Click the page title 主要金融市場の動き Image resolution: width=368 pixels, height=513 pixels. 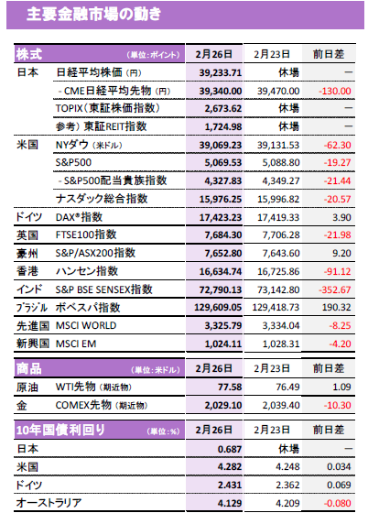[x=93, y=15]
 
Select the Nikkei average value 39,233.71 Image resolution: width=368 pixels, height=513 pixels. [x=221, y=72]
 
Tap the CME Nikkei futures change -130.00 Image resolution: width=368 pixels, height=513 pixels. [x=335, y=91]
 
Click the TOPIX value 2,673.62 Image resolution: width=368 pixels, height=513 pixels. [x=223, y=109]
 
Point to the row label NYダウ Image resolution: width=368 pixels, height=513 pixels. [x=72, y=145]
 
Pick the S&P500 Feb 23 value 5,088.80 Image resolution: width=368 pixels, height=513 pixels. [x=281, y=163]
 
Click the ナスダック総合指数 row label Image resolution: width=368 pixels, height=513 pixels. [x=102, y=199]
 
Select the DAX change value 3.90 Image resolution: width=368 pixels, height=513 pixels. [x=341, y=217]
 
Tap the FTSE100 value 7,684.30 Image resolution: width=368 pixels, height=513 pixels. [x=223, y=235]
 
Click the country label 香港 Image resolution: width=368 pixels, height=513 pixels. [x=27, y=271]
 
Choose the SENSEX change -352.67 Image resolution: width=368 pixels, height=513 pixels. [x=335, y=289]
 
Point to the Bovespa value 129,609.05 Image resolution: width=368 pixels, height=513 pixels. [x=218, y=308]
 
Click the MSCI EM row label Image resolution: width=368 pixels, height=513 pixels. [x=76, y=344]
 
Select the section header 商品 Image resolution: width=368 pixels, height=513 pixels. [x=29, y=368]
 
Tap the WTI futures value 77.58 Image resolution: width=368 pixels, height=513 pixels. [x=230, y=387]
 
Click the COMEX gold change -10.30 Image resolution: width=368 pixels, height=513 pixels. [x=338, y=405]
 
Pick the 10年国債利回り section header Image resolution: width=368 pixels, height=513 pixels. [x=60, y=430]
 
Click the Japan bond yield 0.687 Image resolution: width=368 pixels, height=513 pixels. [x=230, y=449]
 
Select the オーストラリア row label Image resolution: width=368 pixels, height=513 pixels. [x=49, y=503]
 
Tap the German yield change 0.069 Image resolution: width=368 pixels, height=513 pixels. [x=339, y=485]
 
